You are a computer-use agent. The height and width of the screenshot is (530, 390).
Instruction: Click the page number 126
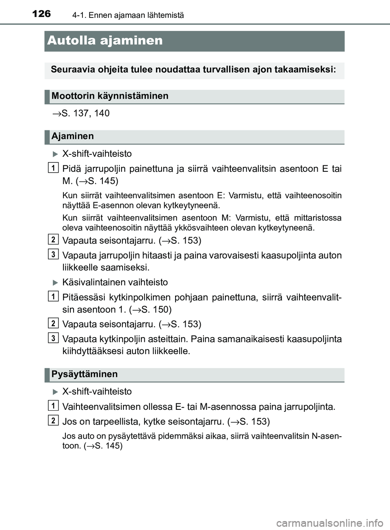[41, 14]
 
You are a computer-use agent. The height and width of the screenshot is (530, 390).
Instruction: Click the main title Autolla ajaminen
[105, 41]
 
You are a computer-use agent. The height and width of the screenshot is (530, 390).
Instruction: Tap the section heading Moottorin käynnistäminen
[110, 96]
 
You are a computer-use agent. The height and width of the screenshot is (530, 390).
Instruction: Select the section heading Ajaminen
[73, 136]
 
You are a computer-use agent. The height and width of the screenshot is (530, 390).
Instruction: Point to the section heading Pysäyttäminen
[84, 374]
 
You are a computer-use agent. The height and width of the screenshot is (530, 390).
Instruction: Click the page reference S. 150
[154, 309]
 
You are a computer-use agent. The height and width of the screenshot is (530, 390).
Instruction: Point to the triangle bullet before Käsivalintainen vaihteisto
[56, 282]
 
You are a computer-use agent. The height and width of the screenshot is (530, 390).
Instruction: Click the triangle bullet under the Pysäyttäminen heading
[56, 392]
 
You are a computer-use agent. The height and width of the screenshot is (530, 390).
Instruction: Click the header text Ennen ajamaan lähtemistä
[136, 15]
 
